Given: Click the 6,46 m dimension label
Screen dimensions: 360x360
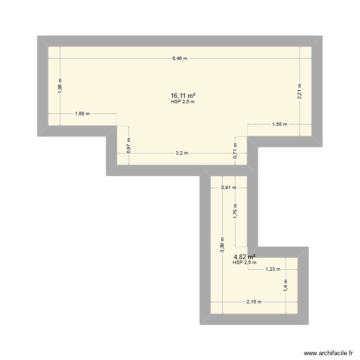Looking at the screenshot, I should [x=180, y=59].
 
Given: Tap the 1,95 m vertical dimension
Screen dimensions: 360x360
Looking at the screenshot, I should [x=60, y=86].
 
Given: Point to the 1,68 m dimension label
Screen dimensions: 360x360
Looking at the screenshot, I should [x=82, y=114].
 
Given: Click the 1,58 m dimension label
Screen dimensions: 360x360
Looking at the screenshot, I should [x=279, y=124].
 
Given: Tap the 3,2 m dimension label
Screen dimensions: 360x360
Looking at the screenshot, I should [x=182, y=154].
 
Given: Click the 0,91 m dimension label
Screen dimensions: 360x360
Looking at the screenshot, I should [x=228, y=188].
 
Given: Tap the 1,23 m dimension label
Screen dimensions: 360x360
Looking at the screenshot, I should [x=273, y=269].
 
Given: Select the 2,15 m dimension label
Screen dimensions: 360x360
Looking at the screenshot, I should [x=254, y=302].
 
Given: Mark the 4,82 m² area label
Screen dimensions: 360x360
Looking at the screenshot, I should [x=244, y=257].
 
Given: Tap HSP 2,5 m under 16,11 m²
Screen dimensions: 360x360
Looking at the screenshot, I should [x=182, y=102].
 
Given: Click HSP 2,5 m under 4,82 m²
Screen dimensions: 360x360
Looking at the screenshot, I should [x=244, y=263].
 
